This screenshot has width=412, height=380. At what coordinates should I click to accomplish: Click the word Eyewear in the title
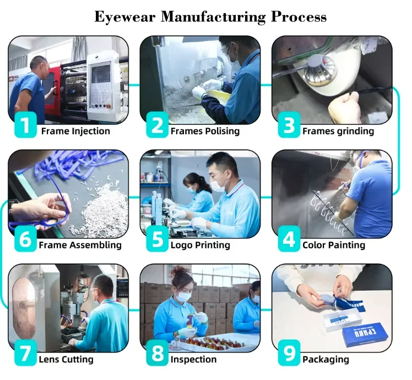(124, 17)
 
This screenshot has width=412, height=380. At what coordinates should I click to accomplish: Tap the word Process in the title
(298, 17)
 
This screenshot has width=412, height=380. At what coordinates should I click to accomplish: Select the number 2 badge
(156, 125)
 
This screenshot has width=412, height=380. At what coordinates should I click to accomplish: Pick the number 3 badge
(288, 125)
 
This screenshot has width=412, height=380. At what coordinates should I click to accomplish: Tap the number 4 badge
(288, 240)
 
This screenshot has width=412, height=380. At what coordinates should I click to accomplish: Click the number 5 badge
(156, 240)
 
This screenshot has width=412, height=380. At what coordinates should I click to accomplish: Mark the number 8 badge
(156, 354)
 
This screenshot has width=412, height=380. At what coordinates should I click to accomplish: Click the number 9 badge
(288, 354)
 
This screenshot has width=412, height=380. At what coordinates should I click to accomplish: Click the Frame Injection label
(75, 131)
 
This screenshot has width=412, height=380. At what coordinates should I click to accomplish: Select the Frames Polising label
(205, 131)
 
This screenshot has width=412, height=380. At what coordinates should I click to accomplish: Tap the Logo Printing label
(200, 245)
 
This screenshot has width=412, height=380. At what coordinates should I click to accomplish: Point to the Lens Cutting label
(66, 360)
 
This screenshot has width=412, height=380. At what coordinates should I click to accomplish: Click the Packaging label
(326, 360)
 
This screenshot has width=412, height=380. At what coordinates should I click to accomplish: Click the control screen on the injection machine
(100, 74)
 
